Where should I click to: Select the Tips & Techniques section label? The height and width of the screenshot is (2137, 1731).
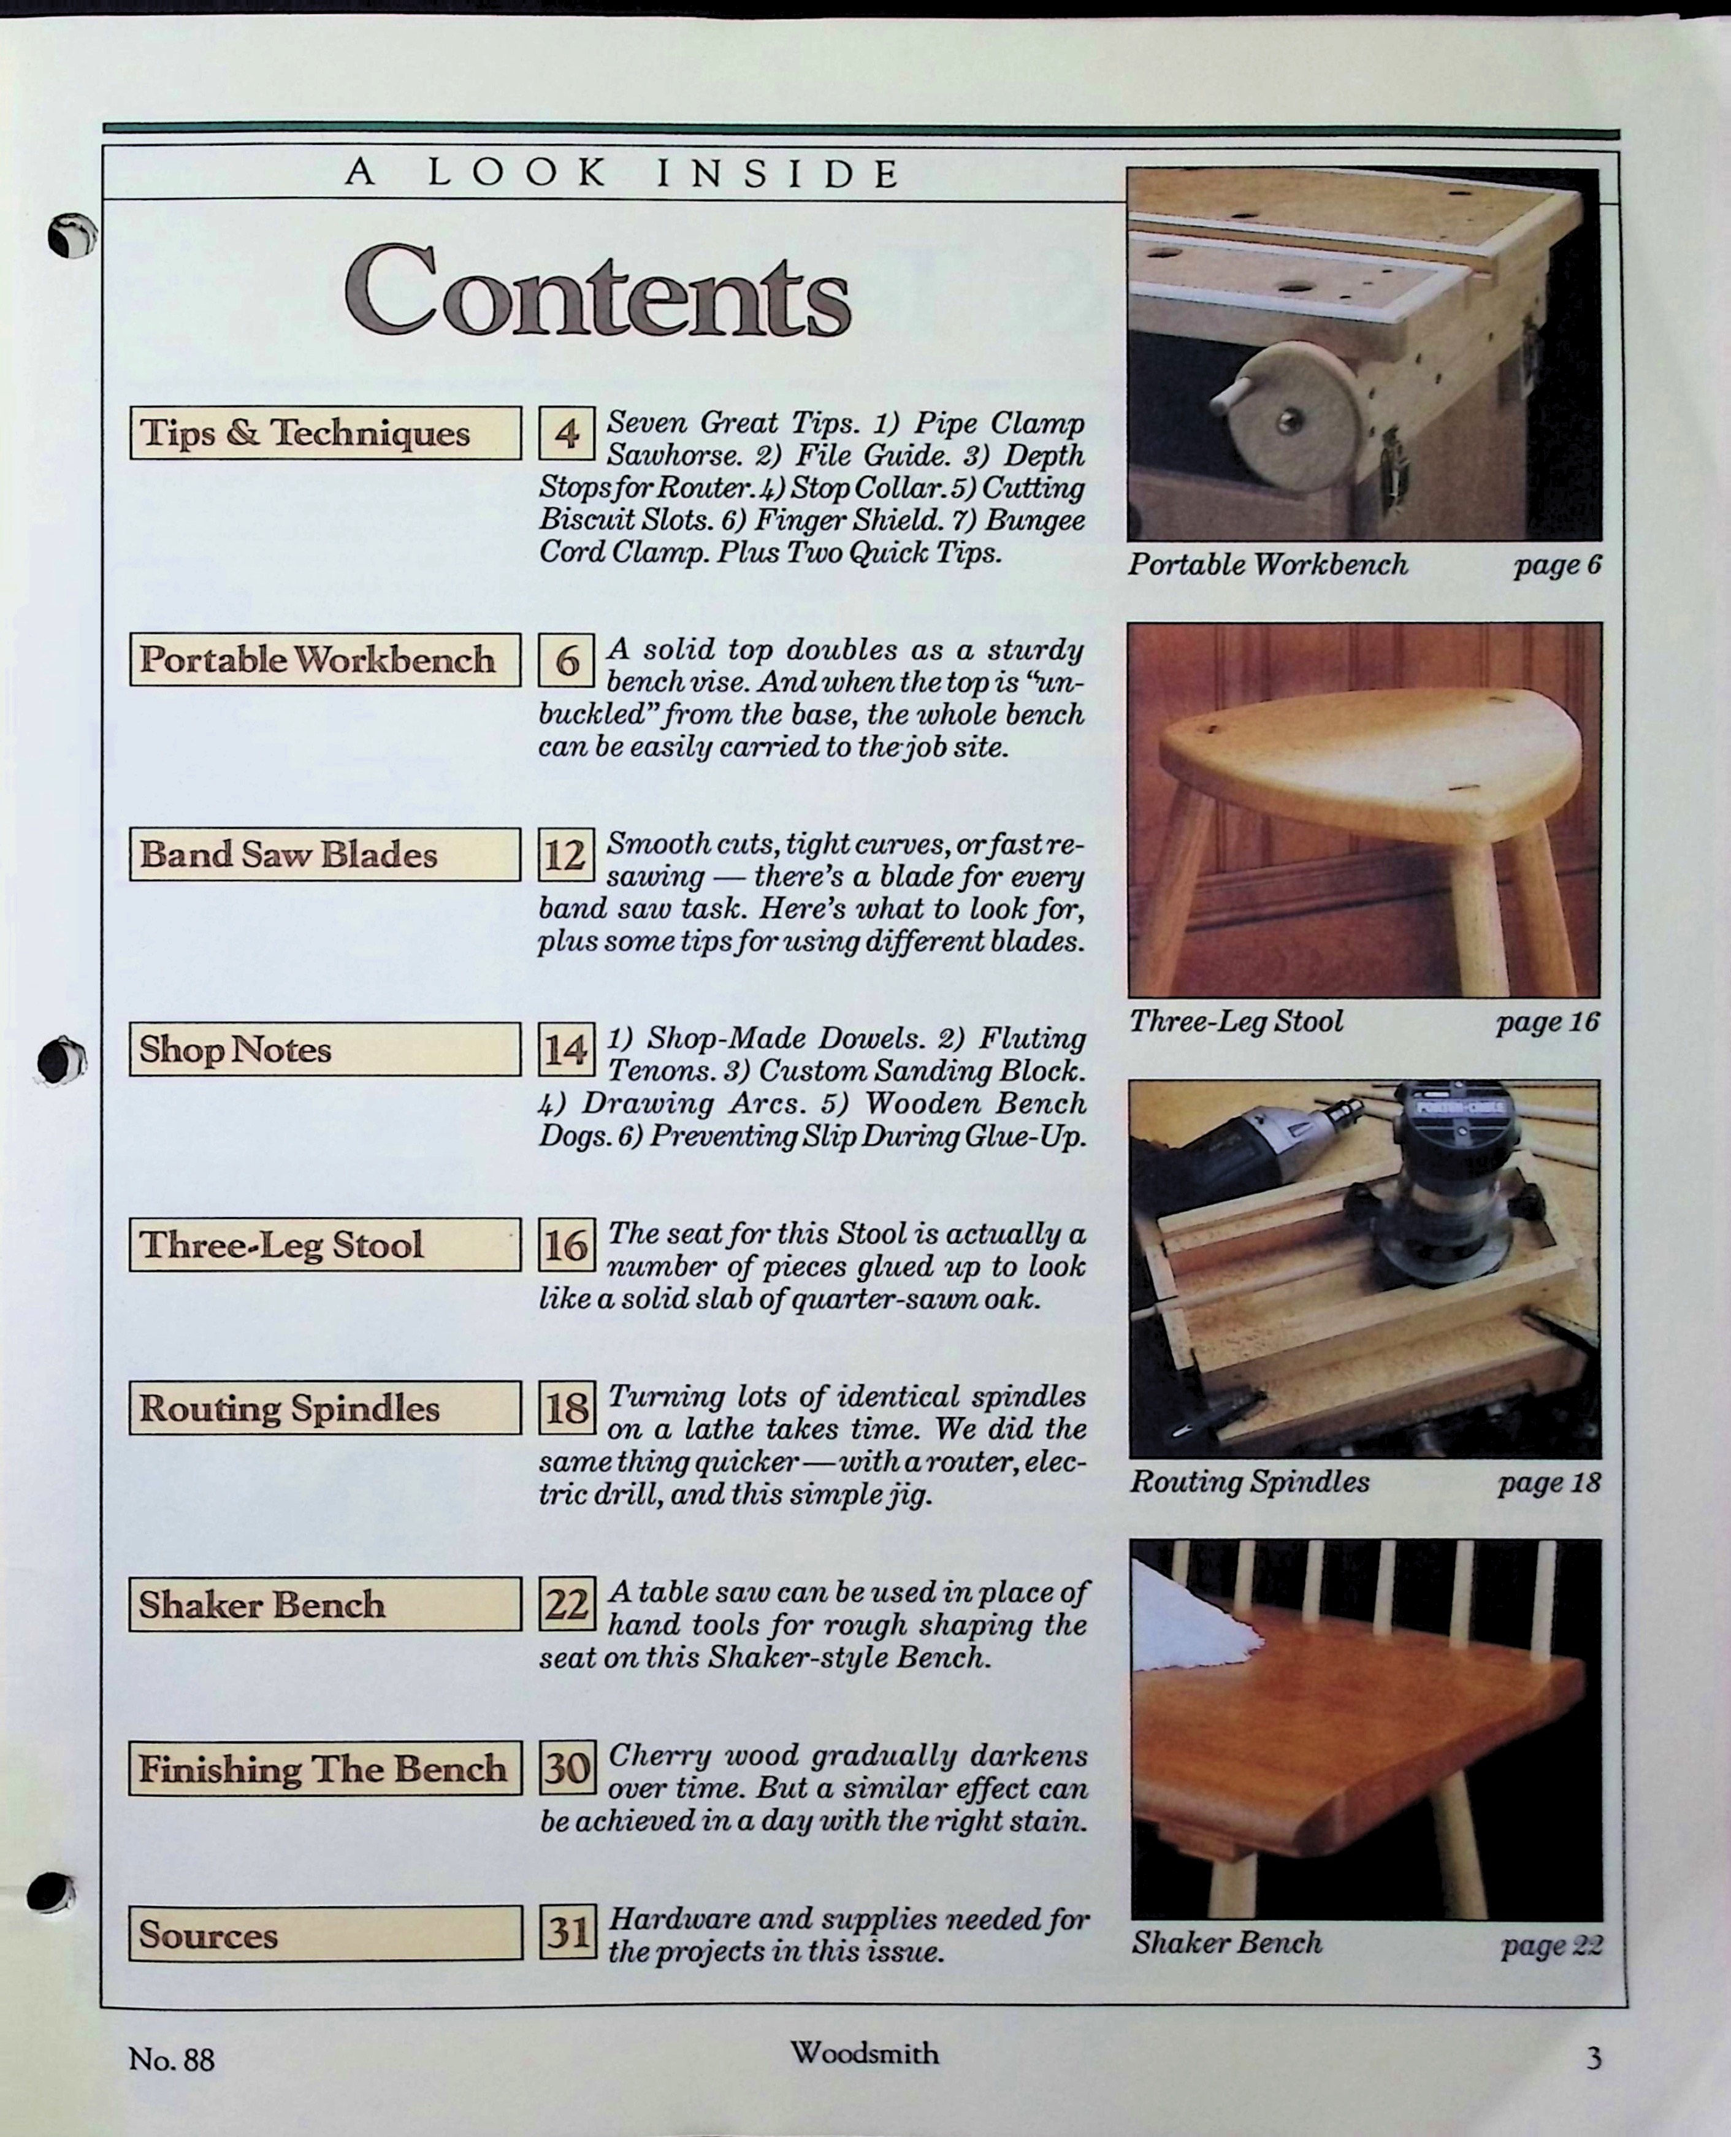(x=325, y=433)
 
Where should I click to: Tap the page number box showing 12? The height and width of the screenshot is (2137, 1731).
(x=567, y=855)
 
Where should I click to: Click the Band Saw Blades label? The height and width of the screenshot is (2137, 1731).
(x=325, y=855)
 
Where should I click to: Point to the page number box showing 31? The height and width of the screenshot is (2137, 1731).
(x=567, y=1933)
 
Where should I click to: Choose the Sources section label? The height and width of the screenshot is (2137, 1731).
(x=325, y=1933)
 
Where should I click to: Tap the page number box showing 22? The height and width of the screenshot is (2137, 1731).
(x=567, y=1605)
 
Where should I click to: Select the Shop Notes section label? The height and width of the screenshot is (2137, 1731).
(x=325, y=1049)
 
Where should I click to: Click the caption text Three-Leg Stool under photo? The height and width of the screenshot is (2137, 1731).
(x=1236, y=1021)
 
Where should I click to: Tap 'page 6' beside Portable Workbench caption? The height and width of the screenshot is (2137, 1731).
(x=1556, y=565)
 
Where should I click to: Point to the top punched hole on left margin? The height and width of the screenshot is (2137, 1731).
(x=72, y=236)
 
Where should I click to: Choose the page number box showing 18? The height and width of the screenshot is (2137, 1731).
(x=567, y=1408)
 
